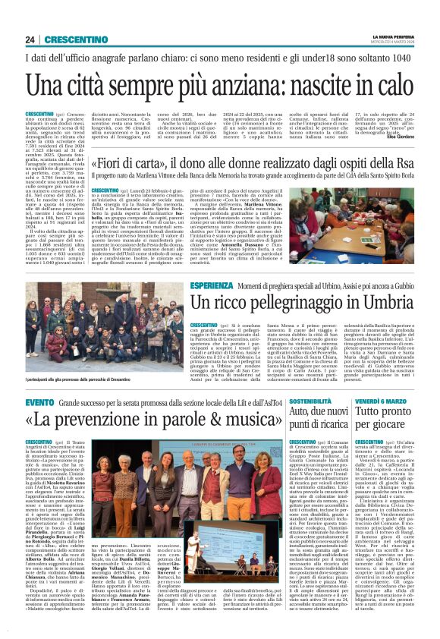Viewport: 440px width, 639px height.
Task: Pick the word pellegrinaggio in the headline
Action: coord(252,302)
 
